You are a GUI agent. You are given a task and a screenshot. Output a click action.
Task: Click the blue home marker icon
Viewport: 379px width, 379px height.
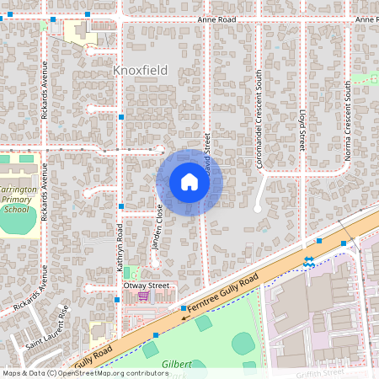click(x=189, y=182)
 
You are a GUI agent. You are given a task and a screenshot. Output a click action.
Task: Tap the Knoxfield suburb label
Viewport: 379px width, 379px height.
click(x=140, y=71)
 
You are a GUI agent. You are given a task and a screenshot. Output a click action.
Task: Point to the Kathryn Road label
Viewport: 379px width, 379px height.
click(x=120, y=246)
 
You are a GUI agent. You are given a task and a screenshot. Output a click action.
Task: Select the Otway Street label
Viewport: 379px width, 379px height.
click(x=147, y=286)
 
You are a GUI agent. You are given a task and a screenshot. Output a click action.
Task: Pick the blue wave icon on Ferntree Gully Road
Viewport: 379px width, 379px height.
click(x=309, y=261)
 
